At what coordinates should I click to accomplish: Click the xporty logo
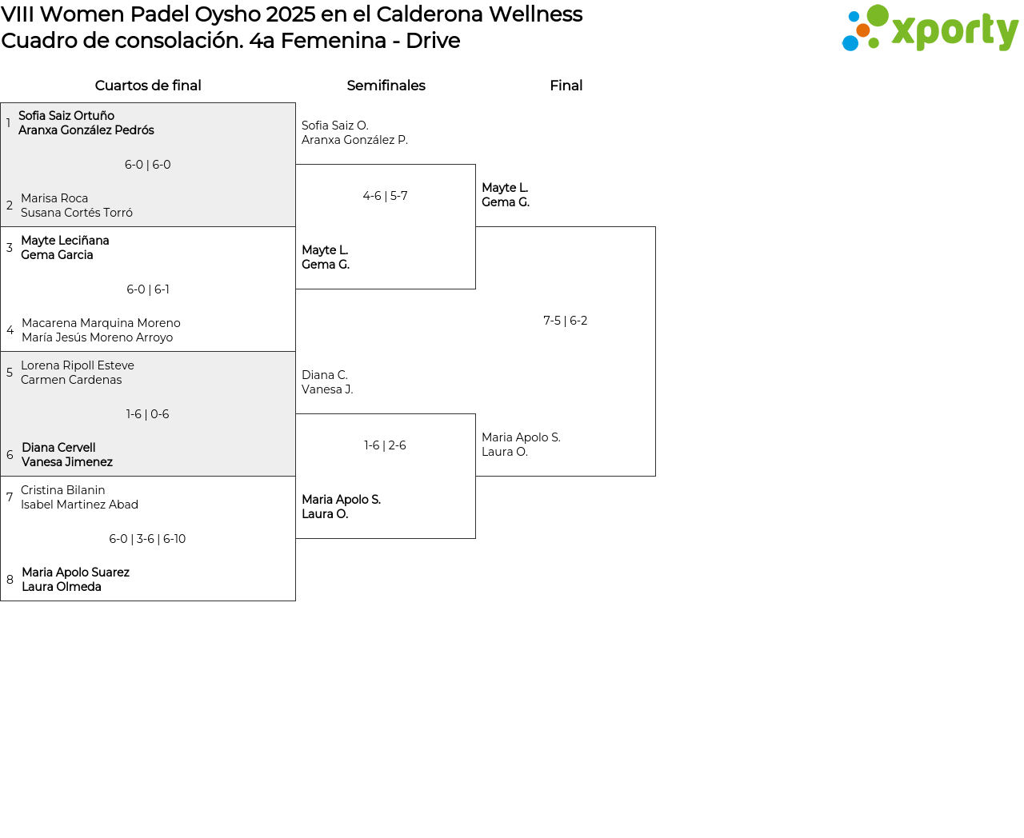pyautogui.click(x=930, y=29)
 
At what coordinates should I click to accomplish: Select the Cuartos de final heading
pyautogui.click(x=148, y=86)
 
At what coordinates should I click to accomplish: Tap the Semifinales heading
pyautogui.click(x=386, y=86)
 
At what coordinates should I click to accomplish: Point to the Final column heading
pyautogui.click(x=566, y=86)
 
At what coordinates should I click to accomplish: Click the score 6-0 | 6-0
pyautogui.click(x=148, y=165)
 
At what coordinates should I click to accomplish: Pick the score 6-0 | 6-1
pyautogui.click(x=148, y=289)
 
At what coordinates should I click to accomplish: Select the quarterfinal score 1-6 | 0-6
pyautogui.click(x=148, y=414)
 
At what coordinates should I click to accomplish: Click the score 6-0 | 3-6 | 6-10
pyautogui.click(x=147, y=539)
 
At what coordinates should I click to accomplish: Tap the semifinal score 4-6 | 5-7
pyautogui.click(x=385, y=196)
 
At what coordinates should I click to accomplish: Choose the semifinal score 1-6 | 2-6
pyautogui.click(x=385, y=445)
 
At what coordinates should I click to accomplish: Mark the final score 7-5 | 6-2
pyautogui.click(x=565, y=321)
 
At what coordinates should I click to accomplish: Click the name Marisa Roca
pyautogui.click(x=54, y=198)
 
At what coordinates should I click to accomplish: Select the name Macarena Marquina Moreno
pyautogui.click(x=101, y=323)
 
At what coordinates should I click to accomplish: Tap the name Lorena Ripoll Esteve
pyautogui.click(x=78, y=365)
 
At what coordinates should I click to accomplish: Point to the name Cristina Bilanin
pyautogui.click(x=63, y=490)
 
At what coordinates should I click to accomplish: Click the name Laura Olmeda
pyautogui.click(x=62, y=587)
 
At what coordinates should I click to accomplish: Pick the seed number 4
pyautogui.click(x=10, y=330)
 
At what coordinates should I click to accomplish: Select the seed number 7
pyautogui.click(x=10, y=497)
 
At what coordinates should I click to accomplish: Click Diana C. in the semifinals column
pyautogui.click(x=325, y=375)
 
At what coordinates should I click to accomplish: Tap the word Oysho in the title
pyautogui.click(x=228, y=14)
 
